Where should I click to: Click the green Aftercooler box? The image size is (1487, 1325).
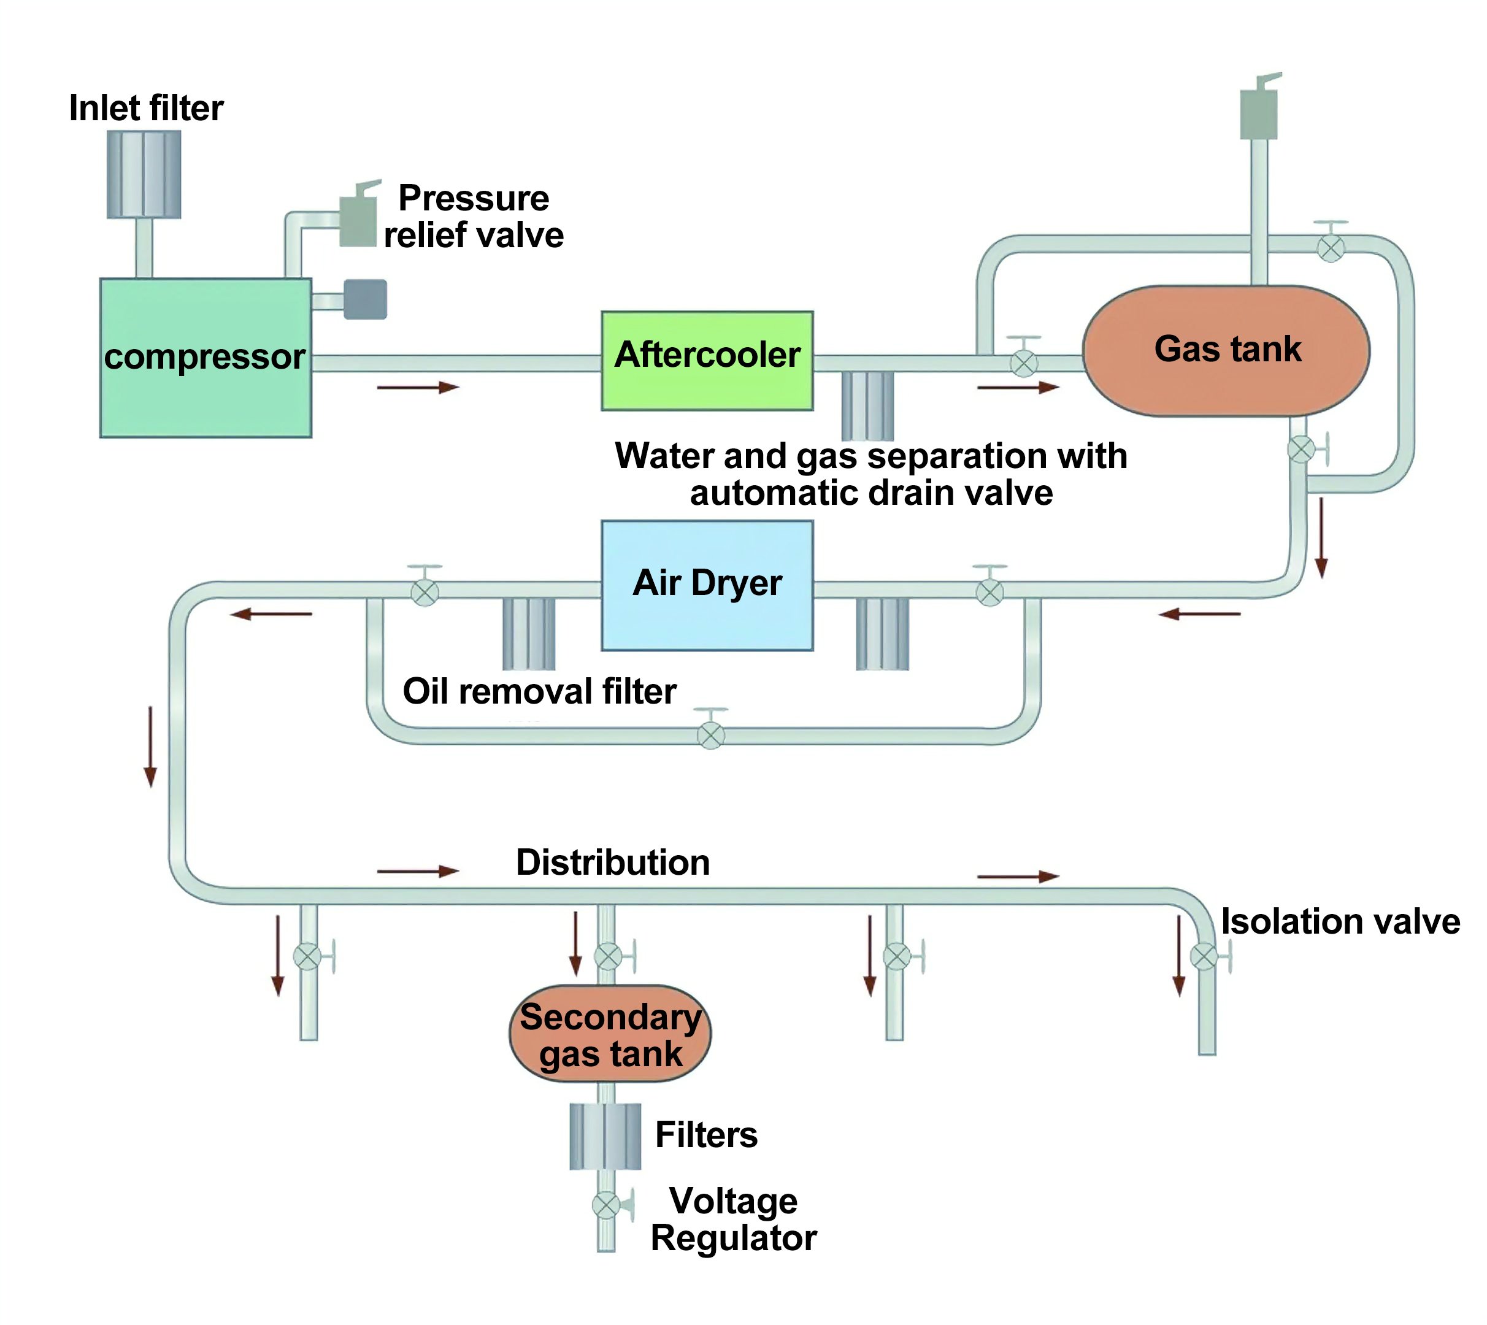point(707,360)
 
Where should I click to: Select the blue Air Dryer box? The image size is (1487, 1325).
point(707,585)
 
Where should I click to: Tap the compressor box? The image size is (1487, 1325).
point(206,358)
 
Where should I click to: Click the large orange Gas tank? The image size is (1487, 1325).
point(1226,350)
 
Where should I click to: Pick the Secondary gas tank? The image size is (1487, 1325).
point(610,1034)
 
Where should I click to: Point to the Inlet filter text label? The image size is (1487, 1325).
point(145,108)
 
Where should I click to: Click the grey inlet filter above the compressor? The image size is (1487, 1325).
point(144,174)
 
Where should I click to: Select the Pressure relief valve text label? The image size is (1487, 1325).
point(473,216)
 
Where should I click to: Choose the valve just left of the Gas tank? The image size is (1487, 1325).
point(1024,362)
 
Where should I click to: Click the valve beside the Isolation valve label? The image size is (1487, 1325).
point(1205,956)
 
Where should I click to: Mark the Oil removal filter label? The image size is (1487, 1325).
point(539,691)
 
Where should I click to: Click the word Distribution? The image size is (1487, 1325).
point(613,862)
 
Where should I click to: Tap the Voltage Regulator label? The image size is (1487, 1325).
point(733,1219)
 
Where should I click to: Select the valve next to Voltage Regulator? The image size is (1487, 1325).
point(606,1205)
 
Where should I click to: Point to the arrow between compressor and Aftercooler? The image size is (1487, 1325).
point(418,387)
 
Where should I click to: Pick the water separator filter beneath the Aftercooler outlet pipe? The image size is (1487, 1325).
point(867,405)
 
